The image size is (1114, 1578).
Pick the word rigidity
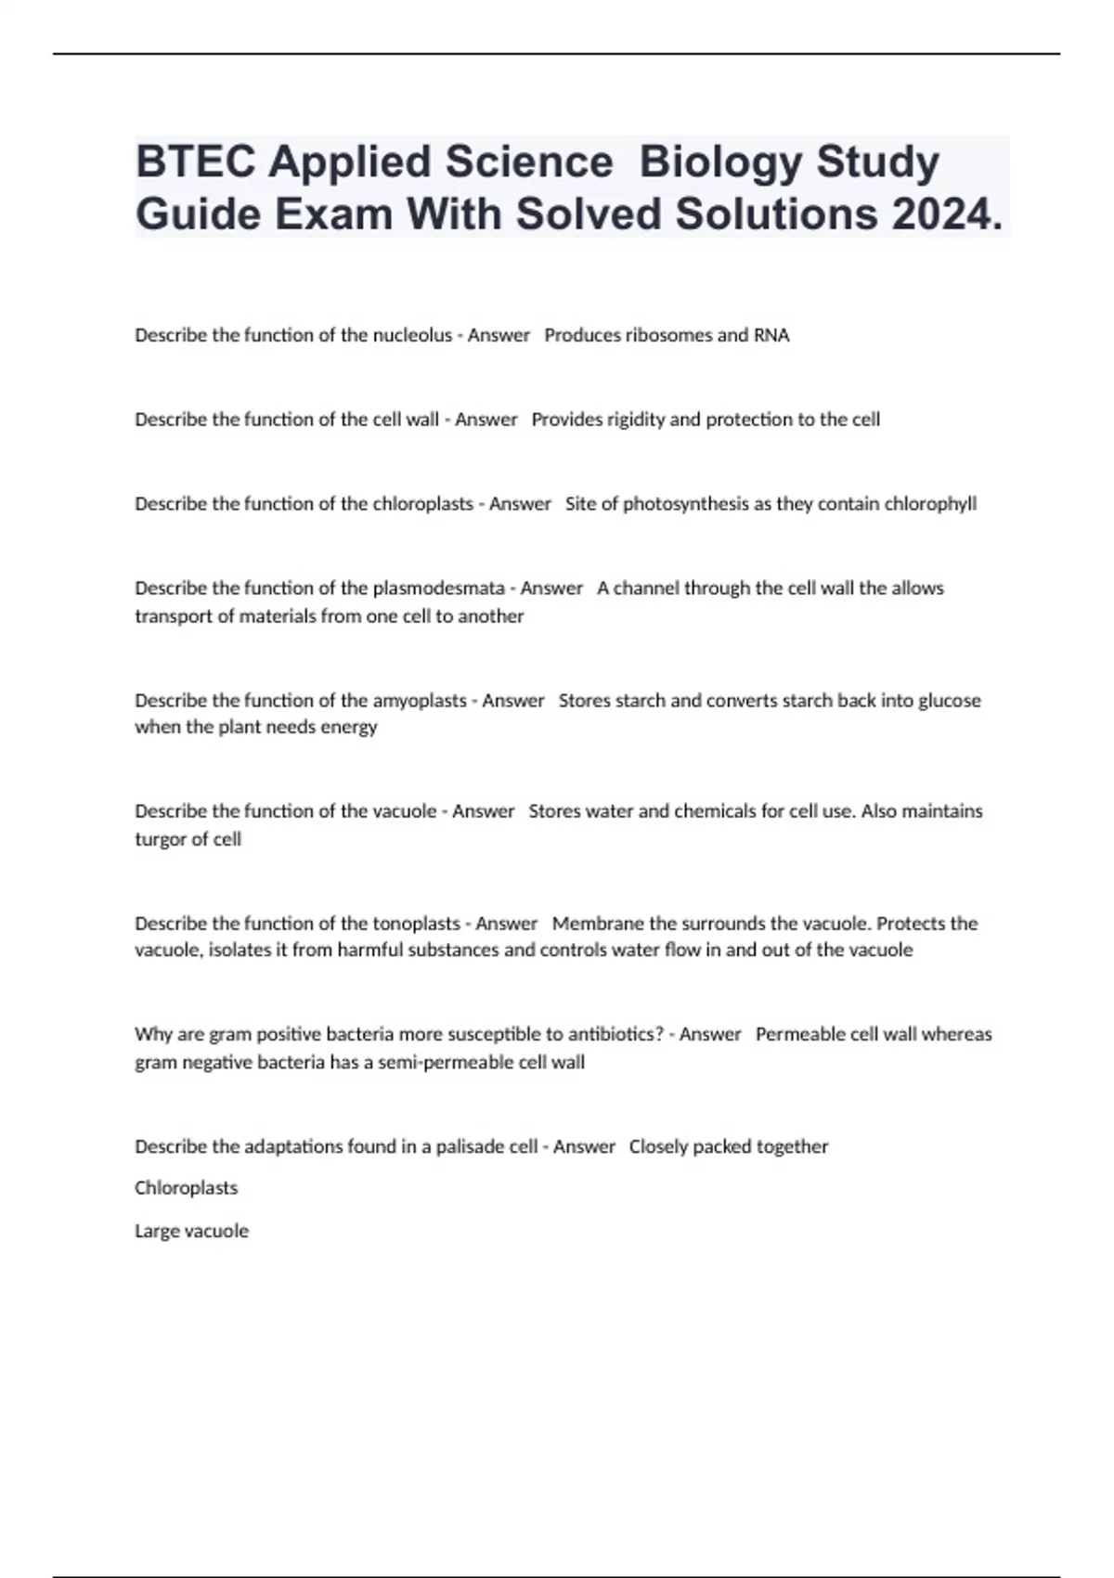636,420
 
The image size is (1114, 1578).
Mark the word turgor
160,839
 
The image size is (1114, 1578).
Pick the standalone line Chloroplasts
186,1188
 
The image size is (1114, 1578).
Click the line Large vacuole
191,1231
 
